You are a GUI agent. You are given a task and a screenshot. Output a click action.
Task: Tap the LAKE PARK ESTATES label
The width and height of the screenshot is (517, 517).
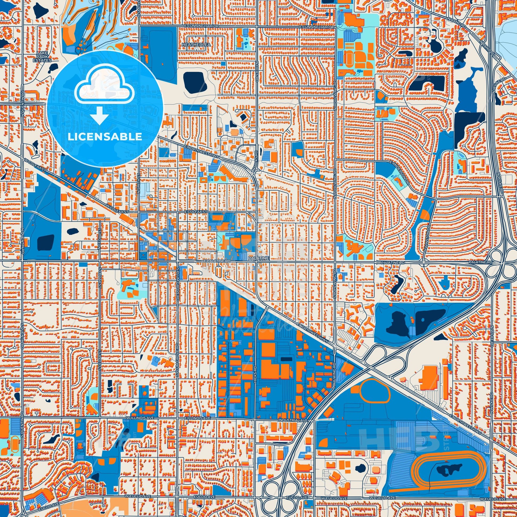point(44,57)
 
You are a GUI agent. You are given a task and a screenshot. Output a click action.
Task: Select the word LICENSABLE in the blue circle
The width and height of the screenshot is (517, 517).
point(105,137)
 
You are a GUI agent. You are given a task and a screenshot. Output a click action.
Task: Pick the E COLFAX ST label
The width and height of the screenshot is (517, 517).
point(196,212)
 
